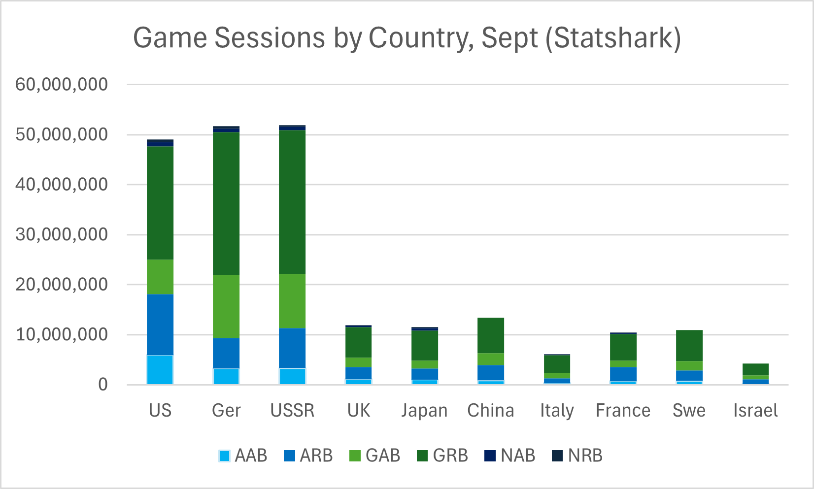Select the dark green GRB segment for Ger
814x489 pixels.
tap(226, 203)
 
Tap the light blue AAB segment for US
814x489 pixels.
tap(160, 369)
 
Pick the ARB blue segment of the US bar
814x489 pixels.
tap(160, 325)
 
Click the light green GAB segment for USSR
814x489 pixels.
tap(292, 301)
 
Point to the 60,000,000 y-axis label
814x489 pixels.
tap(62, 84)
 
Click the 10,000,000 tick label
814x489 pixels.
tap(62, 334)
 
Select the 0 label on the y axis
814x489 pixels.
tap(102, 385)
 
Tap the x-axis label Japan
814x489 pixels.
tap(424, 410)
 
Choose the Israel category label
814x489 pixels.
tap(755, 410)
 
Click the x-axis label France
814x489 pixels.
tap(623, 410)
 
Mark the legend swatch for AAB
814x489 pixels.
tap(224, 456)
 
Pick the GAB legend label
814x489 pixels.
tap(383, 456)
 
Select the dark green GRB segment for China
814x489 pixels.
tap(491, 335)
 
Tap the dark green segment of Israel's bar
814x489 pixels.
tap(755, 369)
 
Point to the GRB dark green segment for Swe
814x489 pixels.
tap(689, 345)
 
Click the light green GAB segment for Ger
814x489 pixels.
tap(226, 306)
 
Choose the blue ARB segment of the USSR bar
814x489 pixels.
tap(292, 348)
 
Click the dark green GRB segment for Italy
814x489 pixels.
tap(557, 364)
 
